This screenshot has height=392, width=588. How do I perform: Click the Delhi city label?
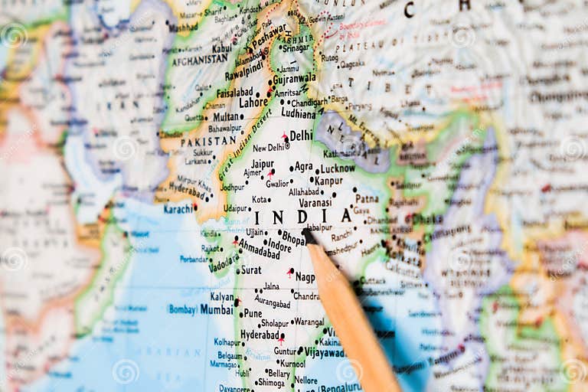(301, 136)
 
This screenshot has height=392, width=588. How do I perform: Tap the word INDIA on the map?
(302, 217)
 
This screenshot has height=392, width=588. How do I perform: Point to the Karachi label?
(178, 207)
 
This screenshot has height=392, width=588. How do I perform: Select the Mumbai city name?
(217, 309)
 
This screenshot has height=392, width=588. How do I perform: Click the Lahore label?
(253, 102)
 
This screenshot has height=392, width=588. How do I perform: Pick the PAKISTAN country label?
(208, 142)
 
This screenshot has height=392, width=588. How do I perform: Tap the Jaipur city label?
(262, 164)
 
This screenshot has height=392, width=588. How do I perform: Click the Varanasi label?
(315, 203)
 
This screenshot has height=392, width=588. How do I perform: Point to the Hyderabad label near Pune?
(260, 335)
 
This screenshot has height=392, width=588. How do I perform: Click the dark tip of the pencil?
(308, 234)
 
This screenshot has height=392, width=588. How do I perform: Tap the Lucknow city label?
(338, 168)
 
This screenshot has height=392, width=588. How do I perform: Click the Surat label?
(250, 270)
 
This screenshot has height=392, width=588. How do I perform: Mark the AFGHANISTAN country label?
(200, 60)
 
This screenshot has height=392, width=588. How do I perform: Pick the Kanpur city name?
(328, 181)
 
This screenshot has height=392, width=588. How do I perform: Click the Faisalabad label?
(234, 90)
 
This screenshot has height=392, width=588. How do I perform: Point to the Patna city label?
(367, 198)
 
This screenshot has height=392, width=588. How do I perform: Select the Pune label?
(252, 313)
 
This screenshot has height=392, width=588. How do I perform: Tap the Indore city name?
(279, 247)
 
